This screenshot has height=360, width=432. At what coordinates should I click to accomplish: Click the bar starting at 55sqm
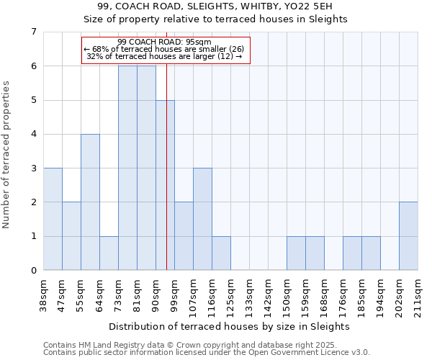(x=90, y=202)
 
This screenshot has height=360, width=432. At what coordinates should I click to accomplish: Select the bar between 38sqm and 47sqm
(x=53, y=219)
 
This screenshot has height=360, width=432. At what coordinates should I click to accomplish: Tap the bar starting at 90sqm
(x=165, y=185)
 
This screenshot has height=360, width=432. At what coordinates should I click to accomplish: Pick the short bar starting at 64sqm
(x=109, y=253)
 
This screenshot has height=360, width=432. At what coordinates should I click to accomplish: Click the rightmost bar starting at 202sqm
(x=408, y=236)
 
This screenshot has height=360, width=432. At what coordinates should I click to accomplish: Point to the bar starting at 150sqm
(x=296, y=253)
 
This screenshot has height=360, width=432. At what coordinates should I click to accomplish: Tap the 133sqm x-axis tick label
(x=249, y=296)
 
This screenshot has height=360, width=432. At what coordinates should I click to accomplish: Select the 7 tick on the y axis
(x=33, y=32)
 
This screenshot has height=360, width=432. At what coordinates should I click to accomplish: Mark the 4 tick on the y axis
(x=33, y=134)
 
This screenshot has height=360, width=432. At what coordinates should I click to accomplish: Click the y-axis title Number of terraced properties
(x=7, y=155)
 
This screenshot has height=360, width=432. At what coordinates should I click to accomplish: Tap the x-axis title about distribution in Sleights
(x=230, y=326)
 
